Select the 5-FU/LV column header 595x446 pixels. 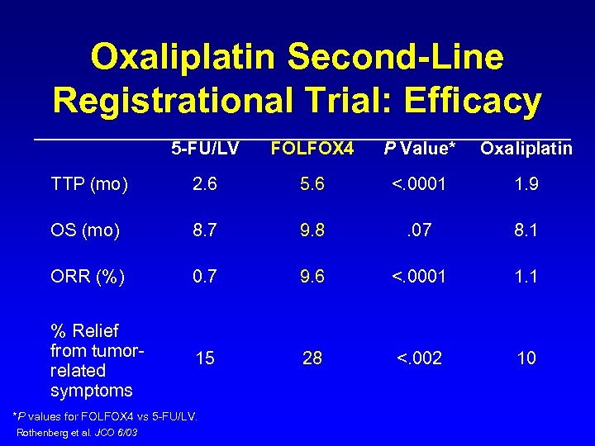point(205,149)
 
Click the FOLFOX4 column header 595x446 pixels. point(312,149)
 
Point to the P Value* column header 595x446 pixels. point(419,149)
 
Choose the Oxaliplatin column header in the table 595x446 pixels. point(526,149)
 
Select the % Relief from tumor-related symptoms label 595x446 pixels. point(98,360)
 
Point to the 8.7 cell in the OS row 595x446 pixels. point(205,230)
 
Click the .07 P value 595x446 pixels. point(419,230)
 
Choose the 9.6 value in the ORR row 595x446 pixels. point(312,277)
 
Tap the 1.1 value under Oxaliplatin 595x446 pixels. point(526,277)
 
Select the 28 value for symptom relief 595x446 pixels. point(312,358)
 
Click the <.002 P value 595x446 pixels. point(419,358)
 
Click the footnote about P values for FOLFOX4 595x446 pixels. point(107,416)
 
